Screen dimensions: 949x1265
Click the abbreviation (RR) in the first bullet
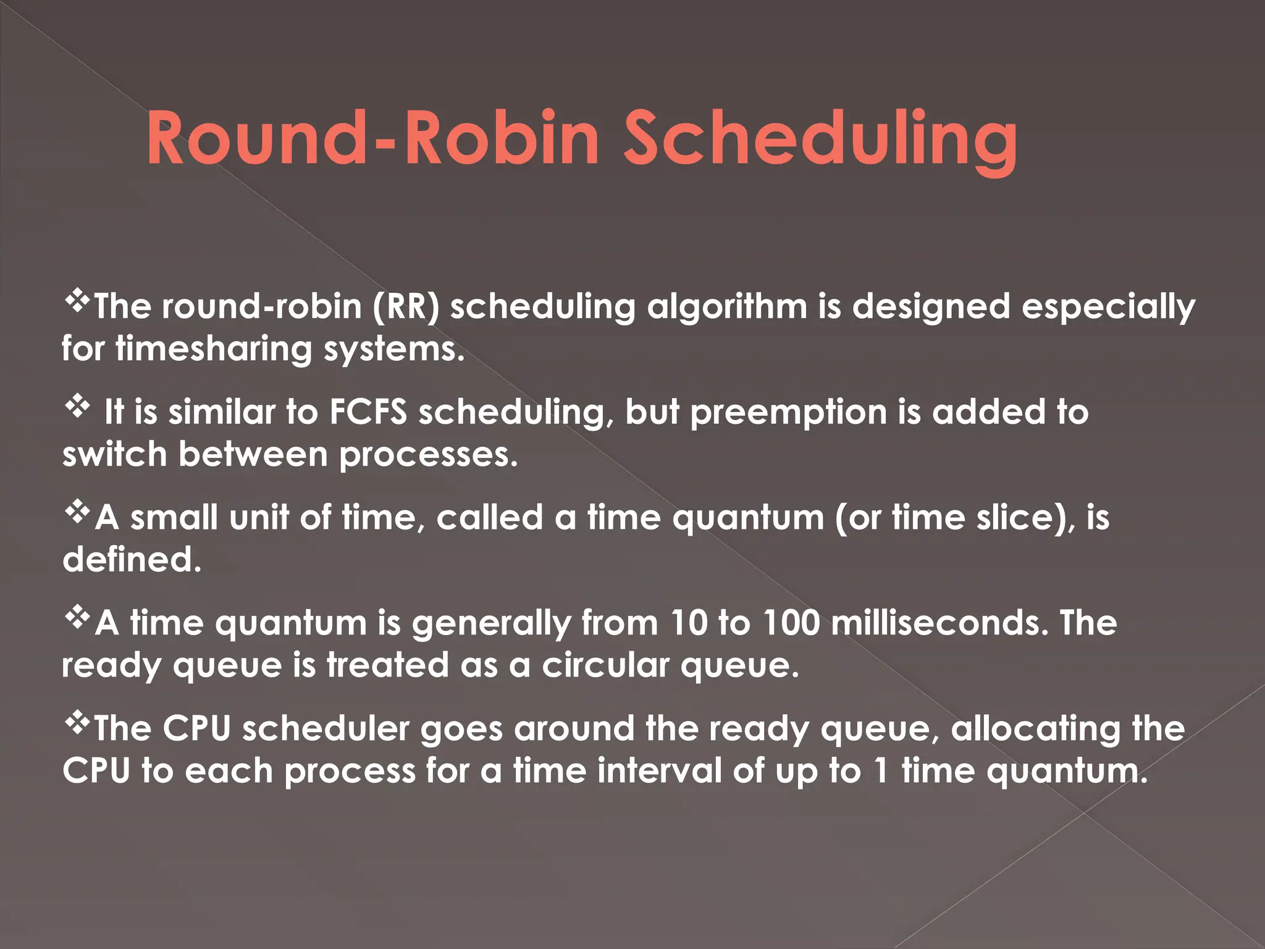[406, 306]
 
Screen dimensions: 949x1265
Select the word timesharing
[214, 349]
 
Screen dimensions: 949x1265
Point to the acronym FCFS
[368, 412]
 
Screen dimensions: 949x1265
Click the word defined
[132, 560]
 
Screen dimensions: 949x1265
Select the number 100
[791, 623]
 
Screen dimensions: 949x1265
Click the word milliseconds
[939, 623]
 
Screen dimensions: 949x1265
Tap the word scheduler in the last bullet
[326, 729]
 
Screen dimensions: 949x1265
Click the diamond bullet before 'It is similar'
[77, 407]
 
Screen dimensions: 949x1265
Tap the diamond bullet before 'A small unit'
[77, 513]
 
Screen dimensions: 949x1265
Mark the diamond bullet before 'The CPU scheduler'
[77, 723]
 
